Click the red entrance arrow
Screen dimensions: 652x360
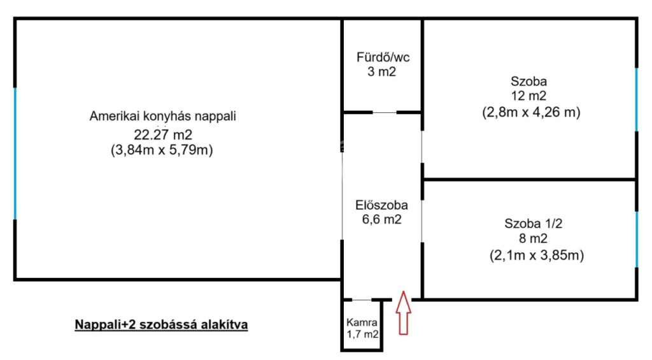pos(403,313)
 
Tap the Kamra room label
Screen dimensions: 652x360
pos(362,322)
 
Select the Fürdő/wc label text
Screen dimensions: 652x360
pos(383,57)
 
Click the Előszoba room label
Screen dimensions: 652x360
pos(381,205)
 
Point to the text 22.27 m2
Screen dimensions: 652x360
pos(162,135)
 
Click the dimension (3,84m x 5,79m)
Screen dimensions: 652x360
pos(162,150)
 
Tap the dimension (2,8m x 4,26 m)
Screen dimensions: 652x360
pos(531,112)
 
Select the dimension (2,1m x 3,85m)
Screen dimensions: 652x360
pos(536,255)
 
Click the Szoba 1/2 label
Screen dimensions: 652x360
pos(533,224)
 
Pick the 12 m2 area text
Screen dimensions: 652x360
pos(528,96)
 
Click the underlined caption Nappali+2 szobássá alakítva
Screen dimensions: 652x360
pos(161,324)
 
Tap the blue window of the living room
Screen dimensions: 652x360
pos(15,154)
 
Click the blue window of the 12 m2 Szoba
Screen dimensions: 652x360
pos(636,99)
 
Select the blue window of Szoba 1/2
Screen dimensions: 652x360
pos(636,240)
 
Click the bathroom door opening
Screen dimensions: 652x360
pos(384,112)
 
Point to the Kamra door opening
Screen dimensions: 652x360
pos(362,299)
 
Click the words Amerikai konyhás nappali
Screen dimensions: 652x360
pos(162,116)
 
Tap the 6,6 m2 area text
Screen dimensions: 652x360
pos(382,219)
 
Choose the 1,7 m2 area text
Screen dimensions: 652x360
pos(362,334)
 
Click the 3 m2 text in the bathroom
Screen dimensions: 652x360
pos(382,71)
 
